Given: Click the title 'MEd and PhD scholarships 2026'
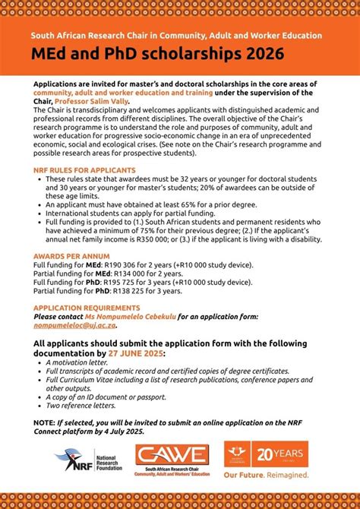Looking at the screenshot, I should point(158,54).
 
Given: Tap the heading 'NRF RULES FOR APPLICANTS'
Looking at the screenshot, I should point(85,170).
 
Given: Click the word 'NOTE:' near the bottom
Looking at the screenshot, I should point(44,420).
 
